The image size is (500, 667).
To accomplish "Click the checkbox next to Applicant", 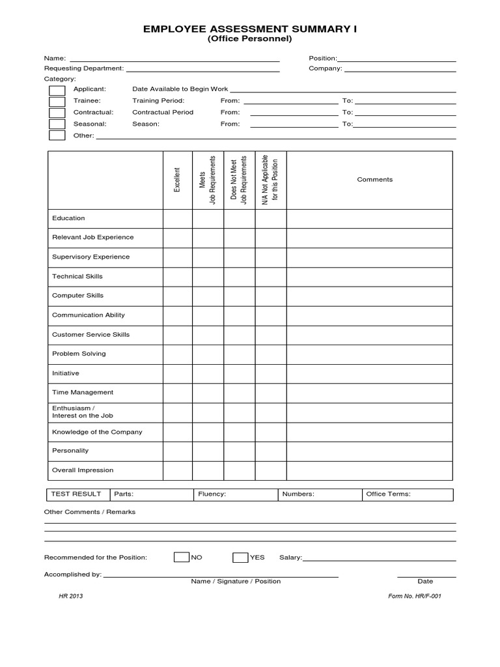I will pos(57,90).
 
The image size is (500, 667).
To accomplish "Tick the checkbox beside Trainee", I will pos(57,101).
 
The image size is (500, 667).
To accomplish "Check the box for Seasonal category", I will pos(57,124).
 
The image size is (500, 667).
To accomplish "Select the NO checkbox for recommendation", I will pos(181,558).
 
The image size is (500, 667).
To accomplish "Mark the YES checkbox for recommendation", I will pos(240,558).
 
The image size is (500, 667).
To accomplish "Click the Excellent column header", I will pos(177,180).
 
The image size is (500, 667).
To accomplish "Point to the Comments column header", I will pos(374,180).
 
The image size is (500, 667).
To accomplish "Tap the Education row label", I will pos(68,218).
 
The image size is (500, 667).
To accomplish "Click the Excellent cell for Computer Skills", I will pos(177,296).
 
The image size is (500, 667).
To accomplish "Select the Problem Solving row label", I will pos(79,354).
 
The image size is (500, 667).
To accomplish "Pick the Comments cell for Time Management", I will pos(369,393).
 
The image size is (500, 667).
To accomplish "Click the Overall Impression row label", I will pos(83,470).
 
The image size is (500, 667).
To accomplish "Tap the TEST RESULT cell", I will pos(76,494).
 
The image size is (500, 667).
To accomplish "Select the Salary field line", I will pos(379,559).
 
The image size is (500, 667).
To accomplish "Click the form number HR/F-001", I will pos(414,596).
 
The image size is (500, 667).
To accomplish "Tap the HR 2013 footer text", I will pos(70,596).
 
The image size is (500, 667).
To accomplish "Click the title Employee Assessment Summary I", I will pos(250,29).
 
